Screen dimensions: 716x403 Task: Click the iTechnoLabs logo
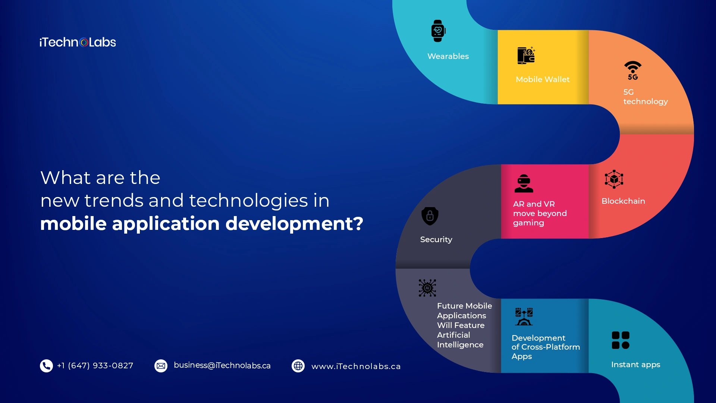78,42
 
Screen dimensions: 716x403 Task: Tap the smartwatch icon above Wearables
438,31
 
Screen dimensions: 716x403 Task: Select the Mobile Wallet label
543,79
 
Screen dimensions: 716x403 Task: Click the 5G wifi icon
633,71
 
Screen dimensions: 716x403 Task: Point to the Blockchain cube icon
614,179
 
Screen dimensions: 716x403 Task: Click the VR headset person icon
524,184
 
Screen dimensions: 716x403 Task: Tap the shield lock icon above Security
430,216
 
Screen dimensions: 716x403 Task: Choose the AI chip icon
427,288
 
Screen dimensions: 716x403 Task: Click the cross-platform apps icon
524,317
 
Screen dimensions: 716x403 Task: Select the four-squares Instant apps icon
621,340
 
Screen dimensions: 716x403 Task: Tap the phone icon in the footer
46,366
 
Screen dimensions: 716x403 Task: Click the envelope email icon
161,366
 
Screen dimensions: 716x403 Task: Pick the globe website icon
298,366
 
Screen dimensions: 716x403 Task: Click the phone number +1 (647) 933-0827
95,366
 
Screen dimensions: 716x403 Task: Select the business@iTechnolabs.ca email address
222,366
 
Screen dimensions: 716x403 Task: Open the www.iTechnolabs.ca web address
356,366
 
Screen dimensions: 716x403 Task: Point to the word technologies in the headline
249,201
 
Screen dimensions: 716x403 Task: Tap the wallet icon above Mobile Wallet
526,56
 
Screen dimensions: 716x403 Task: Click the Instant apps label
636,365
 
